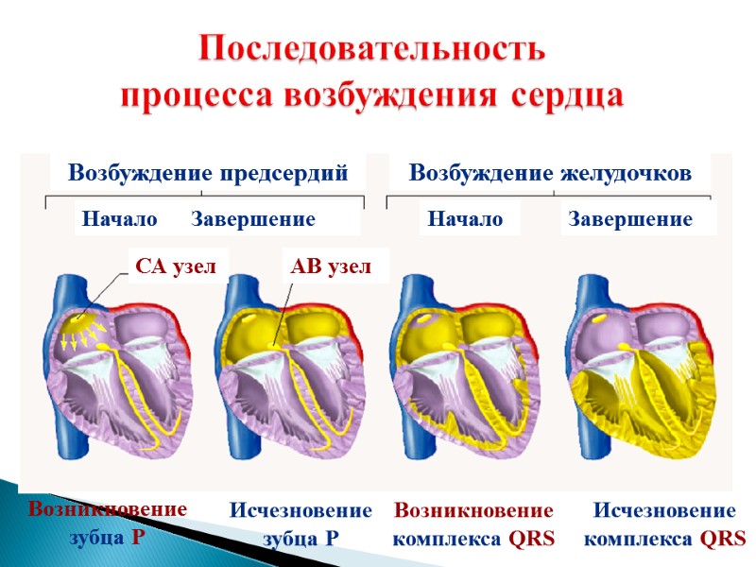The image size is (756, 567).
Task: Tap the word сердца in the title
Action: coord(569,96)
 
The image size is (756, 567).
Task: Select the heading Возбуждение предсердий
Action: coord(208,174)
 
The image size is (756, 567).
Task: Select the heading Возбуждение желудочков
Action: coord(550,174)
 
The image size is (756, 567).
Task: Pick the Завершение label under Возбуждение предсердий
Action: coord(253,220)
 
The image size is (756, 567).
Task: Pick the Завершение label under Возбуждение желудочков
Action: coord(630,220)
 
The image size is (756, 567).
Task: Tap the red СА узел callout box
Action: coord(177,267)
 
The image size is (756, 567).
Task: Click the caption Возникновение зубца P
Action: coord(108,523)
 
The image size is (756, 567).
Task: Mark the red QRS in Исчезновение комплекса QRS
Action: coord(723,540)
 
